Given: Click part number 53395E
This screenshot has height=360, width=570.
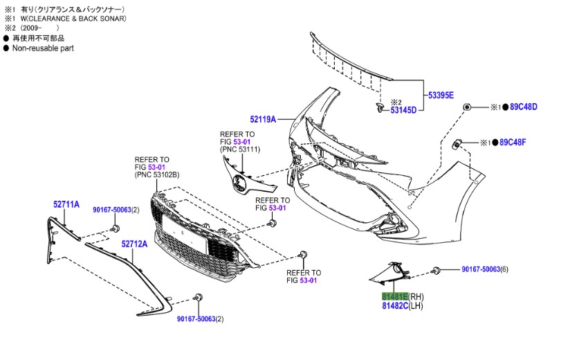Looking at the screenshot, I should coord(440,95).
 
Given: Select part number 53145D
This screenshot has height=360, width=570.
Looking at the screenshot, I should coord(403,110).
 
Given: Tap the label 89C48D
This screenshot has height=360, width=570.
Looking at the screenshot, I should coord(524,107).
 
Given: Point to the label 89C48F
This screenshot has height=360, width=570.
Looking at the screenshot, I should coord(513,143).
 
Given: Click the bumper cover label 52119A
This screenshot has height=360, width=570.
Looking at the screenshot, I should coord(263,119).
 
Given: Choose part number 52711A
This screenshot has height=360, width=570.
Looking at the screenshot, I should coord(66,204).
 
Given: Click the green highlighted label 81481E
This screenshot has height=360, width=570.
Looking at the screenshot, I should coord(395,296).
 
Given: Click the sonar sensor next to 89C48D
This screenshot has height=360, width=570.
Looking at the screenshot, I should coord(468,107).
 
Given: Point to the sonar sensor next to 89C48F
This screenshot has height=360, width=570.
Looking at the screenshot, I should coord(457,143).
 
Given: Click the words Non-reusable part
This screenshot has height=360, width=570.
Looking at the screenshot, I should coord(43,48).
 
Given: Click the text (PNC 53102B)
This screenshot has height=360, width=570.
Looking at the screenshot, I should coord(157,176).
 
